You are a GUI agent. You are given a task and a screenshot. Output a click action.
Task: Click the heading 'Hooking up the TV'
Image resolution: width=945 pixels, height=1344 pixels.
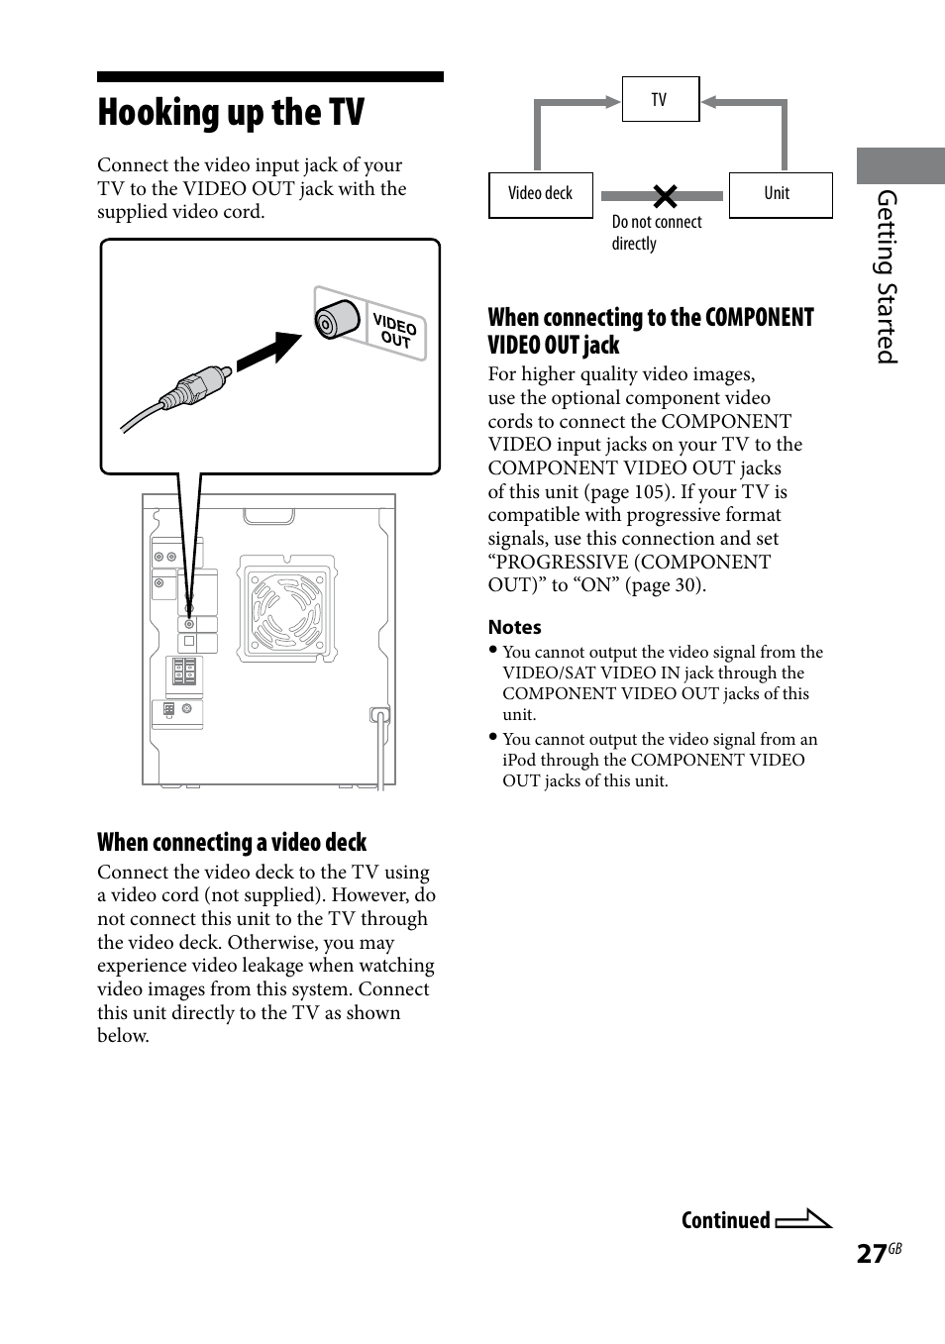231,113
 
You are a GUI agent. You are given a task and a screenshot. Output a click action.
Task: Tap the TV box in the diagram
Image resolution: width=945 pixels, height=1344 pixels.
660,99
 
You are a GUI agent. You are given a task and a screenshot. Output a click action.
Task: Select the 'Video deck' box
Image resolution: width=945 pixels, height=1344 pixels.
540,194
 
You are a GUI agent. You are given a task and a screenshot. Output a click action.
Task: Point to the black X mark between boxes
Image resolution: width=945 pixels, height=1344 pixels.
665,196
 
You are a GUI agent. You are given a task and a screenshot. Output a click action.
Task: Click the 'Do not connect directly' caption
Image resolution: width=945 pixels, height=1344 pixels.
656,233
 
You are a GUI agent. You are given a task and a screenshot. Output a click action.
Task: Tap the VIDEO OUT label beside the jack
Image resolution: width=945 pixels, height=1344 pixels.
395,331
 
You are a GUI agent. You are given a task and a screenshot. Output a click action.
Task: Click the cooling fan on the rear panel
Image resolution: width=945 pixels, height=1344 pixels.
287,608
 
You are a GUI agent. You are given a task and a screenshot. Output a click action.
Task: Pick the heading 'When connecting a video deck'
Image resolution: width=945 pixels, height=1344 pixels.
232,843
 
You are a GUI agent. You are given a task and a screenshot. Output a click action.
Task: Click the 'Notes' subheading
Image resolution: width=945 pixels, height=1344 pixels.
514,627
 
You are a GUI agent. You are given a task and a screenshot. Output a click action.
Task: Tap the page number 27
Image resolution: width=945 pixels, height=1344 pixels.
871,1254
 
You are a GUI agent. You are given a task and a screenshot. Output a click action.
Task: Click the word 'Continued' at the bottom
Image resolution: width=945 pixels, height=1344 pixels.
725,1220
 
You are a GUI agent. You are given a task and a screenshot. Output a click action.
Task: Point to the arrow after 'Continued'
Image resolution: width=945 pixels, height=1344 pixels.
803,1219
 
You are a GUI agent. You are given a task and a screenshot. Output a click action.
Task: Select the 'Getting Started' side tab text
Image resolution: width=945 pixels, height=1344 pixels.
887,277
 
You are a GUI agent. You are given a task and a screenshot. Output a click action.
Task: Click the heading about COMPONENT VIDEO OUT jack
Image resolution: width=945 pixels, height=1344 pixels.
650,331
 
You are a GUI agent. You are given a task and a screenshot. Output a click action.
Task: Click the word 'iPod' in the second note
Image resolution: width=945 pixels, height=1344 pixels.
518,760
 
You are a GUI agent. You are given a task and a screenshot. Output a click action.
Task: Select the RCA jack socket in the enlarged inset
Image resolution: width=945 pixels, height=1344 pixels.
335,321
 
